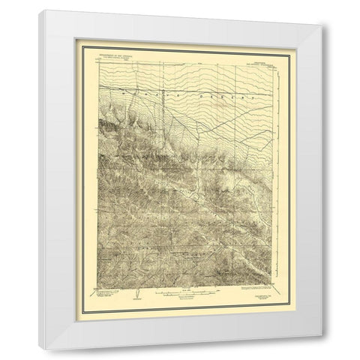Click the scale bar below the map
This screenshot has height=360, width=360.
pos(180,294)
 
